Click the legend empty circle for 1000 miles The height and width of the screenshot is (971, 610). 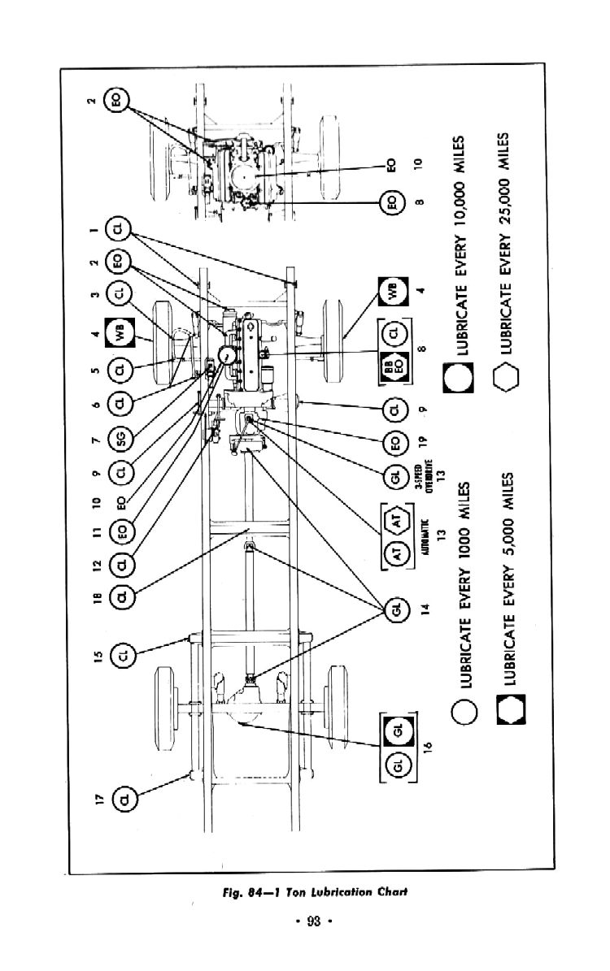(x=464, y=709)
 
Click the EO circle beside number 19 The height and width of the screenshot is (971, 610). (x=396, y=443)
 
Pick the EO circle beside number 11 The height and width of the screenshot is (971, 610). (x=124, y=534)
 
